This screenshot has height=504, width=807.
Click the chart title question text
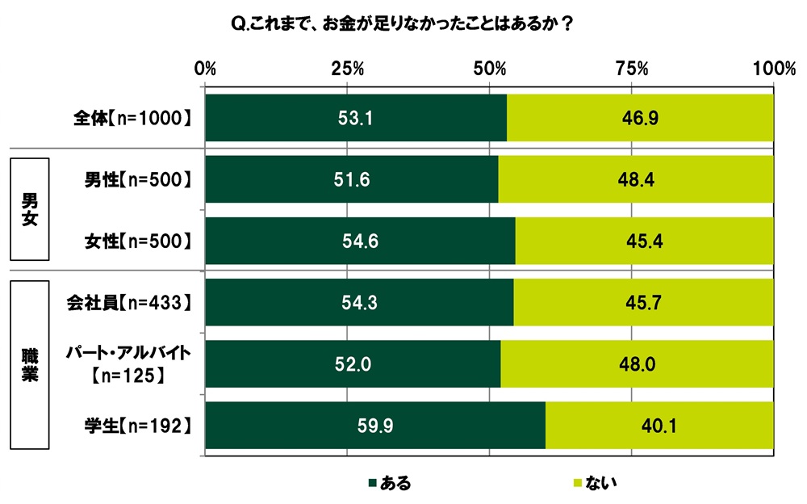point(403,24)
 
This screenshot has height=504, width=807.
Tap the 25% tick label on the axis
point(348,68)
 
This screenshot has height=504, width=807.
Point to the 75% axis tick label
point(632,68)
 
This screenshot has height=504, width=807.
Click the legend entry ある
point(389,484)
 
